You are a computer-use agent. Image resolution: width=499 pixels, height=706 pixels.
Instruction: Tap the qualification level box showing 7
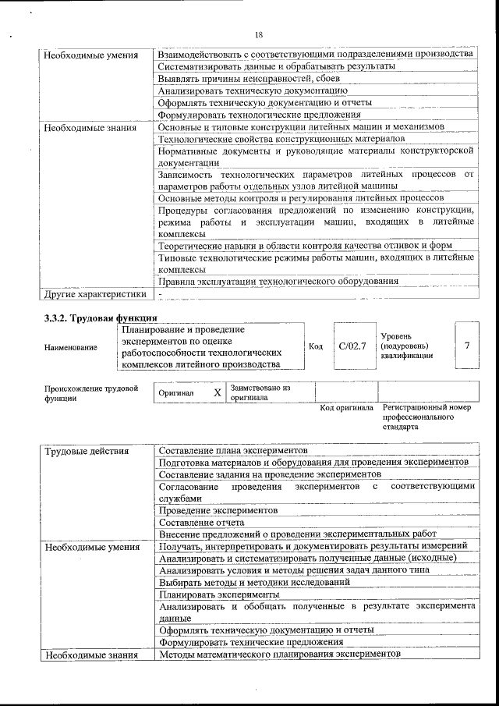point(466,345)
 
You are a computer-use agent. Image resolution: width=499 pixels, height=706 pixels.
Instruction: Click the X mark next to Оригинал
point(218,393)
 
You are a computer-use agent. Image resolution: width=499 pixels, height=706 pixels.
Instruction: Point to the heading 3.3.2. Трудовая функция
point(101,318)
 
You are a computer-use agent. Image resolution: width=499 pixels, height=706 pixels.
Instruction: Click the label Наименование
point(71,347)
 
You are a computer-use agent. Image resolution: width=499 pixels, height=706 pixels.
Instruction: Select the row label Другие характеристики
point(94,294)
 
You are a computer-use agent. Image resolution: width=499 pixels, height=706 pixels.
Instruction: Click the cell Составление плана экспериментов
point(232,451)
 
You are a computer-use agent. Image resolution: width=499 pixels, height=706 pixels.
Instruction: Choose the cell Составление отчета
point(201,522)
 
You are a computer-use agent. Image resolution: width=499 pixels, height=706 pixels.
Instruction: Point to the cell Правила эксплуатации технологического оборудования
point(278,281)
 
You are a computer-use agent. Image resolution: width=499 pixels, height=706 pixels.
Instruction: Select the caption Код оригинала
point(345,408)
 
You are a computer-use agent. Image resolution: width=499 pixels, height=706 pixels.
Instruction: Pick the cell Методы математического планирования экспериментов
point(278,654)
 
